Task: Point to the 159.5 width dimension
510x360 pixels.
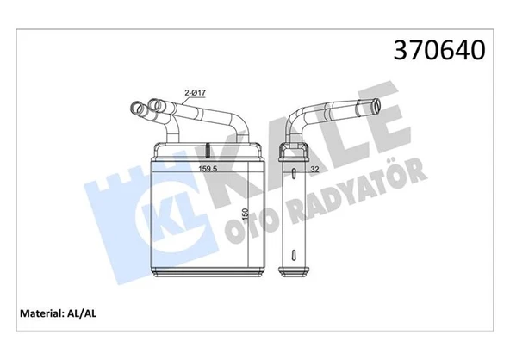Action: click(x=208, y=168)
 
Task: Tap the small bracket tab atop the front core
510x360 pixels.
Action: click(x=208, y=147)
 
